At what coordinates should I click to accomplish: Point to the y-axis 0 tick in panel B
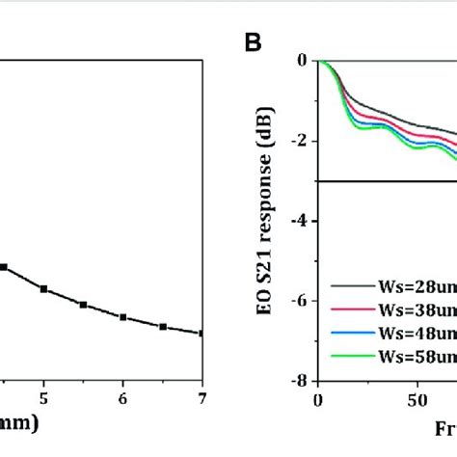pyautogui.click(x=301, y=60)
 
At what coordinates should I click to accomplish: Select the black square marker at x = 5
pyautogui.click(x=43, y=288)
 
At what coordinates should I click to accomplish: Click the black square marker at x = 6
pyautogui.click(x=122, y=316)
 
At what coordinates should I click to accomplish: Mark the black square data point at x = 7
pyautogui.click(x=202, y=334)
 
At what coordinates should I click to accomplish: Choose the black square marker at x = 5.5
pyautogui.click(x=83, y=305)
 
